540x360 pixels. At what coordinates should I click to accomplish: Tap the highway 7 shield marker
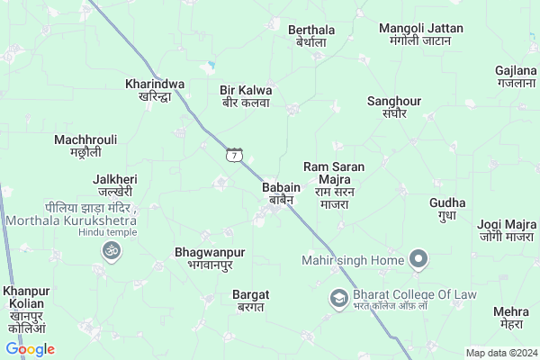(235, 156)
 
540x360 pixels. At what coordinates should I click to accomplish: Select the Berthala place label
(311, 36)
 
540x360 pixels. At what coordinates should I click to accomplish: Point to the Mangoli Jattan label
(420, 34)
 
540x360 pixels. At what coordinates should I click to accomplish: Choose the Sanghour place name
(393, 107)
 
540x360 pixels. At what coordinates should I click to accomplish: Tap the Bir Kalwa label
(246, 96)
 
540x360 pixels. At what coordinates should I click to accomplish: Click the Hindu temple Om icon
(112, 249)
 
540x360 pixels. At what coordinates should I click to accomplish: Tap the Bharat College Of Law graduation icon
(338, 297)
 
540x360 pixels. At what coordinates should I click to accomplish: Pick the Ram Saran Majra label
(333, 185)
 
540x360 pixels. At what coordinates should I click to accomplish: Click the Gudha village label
(447, 209)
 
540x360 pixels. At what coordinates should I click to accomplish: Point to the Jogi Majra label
(507, 230)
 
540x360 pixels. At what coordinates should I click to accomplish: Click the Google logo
(30, 349)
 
